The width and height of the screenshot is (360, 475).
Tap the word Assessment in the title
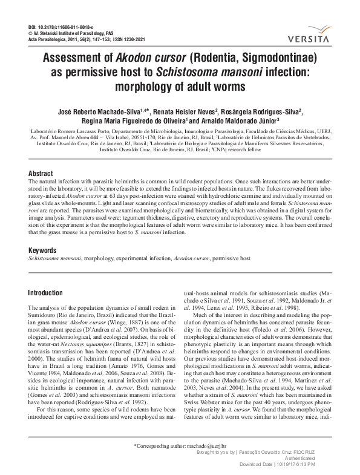coord(73,59)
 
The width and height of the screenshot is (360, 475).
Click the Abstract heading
coord(41,173)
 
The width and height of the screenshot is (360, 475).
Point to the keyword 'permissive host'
coord(231,258)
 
